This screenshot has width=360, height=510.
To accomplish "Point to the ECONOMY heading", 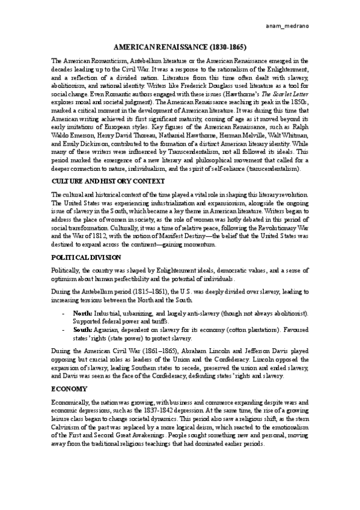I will tap(69, 370).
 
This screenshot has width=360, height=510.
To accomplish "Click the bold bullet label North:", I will tap(82, 314).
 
